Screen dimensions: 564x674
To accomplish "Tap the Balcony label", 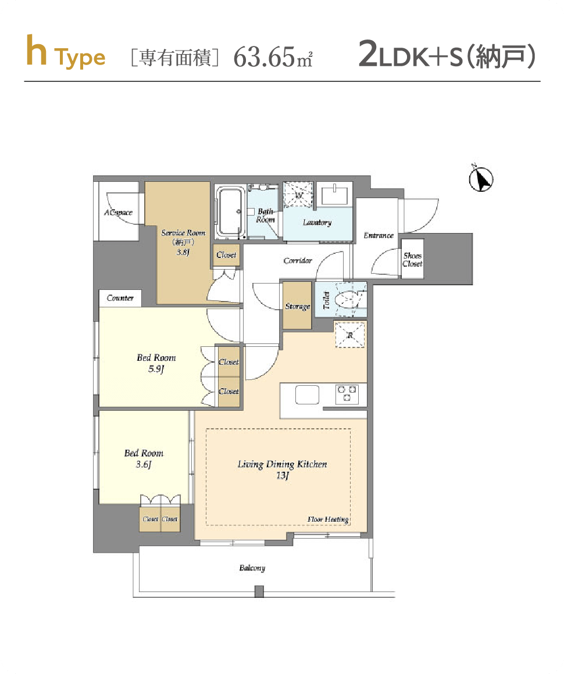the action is click(252, 568).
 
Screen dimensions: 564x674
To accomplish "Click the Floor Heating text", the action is click(328, 519).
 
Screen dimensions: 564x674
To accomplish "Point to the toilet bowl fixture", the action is click(349, 299).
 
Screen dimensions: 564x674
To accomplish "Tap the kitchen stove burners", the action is click(347, 394).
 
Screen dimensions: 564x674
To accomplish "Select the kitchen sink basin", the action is click(307, 395).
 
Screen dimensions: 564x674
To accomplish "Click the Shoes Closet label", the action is click(413, 260).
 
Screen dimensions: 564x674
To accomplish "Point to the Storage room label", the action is click(298, 306).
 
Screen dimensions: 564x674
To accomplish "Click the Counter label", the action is click(120, 298).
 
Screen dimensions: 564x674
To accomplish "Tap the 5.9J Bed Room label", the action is click(156, 363).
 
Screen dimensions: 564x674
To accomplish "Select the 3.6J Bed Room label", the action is click(144, 458).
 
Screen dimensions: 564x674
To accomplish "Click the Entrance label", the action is click(379, 235).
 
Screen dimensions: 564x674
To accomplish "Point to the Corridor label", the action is click(298, 260).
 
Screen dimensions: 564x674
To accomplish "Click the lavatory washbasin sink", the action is click(334, 194).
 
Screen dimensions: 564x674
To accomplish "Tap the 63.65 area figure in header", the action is click(264, 57).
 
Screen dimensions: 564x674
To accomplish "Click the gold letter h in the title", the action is click(36, 51).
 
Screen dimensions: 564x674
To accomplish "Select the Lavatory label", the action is click(317, 223).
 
